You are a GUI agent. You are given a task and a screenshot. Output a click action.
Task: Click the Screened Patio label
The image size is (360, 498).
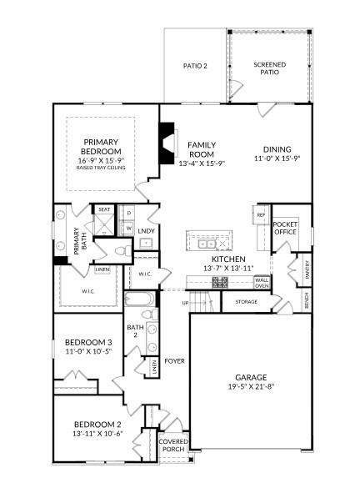point(269,68)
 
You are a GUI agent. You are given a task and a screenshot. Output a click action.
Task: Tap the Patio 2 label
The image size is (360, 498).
point(195,66)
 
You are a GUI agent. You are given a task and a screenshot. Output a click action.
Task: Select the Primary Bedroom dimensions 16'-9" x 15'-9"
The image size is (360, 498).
point(100,160)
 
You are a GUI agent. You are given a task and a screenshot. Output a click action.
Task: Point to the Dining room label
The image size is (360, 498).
point(277,149)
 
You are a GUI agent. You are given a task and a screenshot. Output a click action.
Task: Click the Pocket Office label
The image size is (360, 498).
point(285,228)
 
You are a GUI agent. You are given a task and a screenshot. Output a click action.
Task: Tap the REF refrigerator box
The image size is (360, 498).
point(261,215)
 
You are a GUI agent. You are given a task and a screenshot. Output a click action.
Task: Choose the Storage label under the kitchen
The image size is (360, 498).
point(246,301)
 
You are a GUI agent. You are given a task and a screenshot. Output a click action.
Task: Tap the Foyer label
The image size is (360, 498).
point(174,361)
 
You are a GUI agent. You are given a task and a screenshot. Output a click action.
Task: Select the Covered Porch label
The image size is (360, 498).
point(174,445)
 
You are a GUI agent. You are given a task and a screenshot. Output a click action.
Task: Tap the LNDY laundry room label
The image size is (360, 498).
point(146,230)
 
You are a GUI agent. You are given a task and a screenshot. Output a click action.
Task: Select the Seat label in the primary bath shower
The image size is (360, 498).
point(104,209)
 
